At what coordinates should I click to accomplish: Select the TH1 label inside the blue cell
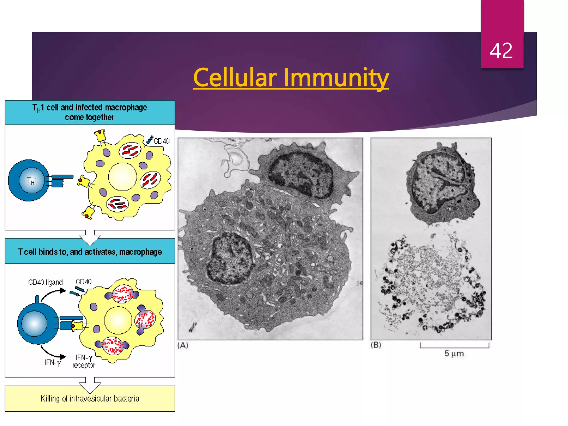click(x=32, y=181)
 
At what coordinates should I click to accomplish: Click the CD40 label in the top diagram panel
click(x=161, y=141)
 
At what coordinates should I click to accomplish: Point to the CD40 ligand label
click(x=45, y=282)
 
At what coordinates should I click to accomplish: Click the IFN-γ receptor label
click(x=83, y=361)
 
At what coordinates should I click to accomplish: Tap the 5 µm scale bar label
click(x=454, y=354)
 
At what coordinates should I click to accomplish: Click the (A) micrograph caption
click(x=183, y=345)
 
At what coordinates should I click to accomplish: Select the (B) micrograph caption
click(x=376, y=345)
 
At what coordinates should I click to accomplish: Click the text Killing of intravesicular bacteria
click(x=90, y=399)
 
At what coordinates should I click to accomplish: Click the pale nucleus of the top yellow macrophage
click(x=122, y=177)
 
